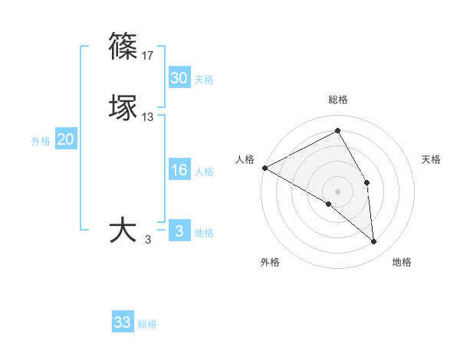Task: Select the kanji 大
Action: pos(123,231)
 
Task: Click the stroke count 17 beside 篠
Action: pos(148,56)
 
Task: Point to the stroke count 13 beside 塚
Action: pos(148,117)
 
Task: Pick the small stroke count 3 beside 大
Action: pos(148,240)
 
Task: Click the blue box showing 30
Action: pos(179,78)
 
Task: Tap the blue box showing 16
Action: pos(179,170)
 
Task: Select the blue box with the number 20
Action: pos(65,139)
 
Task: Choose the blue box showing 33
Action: pos(123,322)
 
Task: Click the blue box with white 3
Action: pos(179,231)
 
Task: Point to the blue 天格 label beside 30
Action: pos(204,80)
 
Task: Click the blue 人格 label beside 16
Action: pos(204,172)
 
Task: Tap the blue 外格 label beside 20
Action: pos(41,141)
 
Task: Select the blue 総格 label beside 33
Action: pos(147,324)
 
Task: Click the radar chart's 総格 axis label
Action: pos(338,100)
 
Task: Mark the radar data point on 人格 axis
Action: pos(264,167)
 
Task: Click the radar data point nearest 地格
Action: pos(373,241)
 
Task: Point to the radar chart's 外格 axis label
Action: pos(270,262)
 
